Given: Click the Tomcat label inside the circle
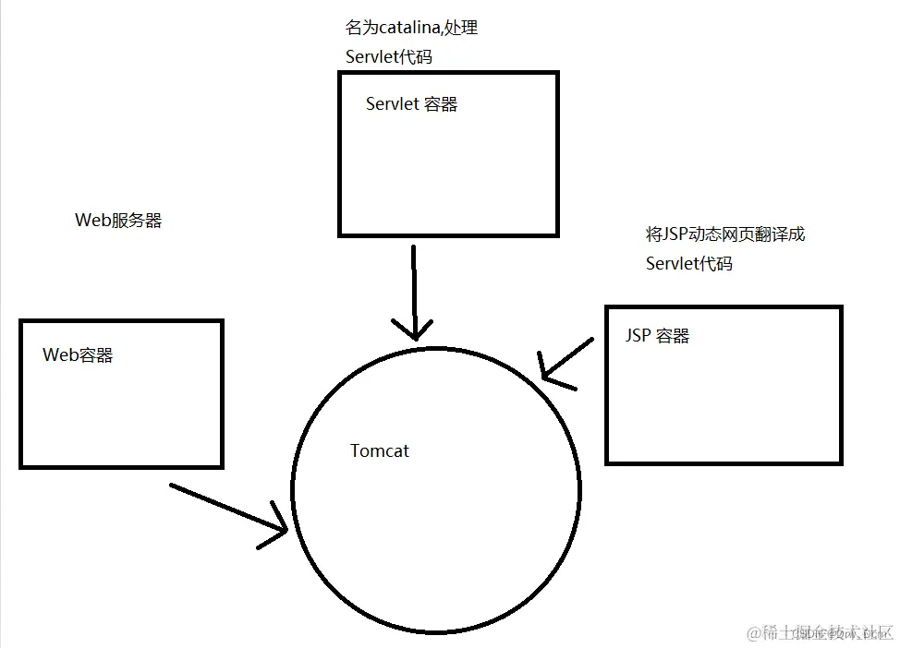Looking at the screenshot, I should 379,451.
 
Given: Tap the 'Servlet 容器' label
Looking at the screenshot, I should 411,104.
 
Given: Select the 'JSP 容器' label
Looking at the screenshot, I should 657,335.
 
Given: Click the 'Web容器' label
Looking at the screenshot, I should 78,355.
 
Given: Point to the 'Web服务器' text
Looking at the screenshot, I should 118,221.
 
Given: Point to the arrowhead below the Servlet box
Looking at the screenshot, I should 415,332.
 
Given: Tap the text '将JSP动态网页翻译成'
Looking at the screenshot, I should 725,234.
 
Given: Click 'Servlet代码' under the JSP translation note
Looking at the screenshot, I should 688,264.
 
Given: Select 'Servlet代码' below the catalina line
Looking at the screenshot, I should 388,56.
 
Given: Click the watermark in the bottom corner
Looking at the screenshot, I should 821,632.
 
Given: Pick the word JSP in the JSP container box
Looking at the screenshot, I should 638,335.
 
